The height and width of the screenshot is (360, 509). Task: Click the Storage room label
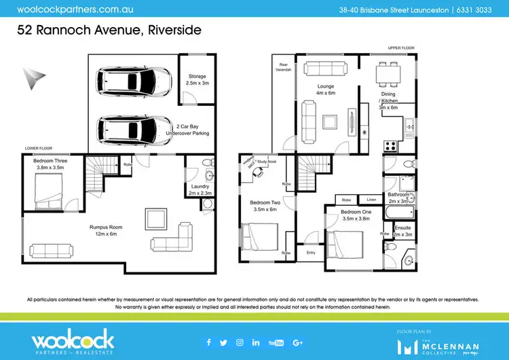point(196,80)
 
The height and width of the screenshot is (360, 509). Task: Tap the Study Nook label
point(267,162)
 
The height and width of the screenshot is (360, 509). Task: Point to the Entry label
point(312,253)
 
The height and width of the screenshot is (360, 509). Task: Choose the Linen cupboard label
point(371,200)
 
